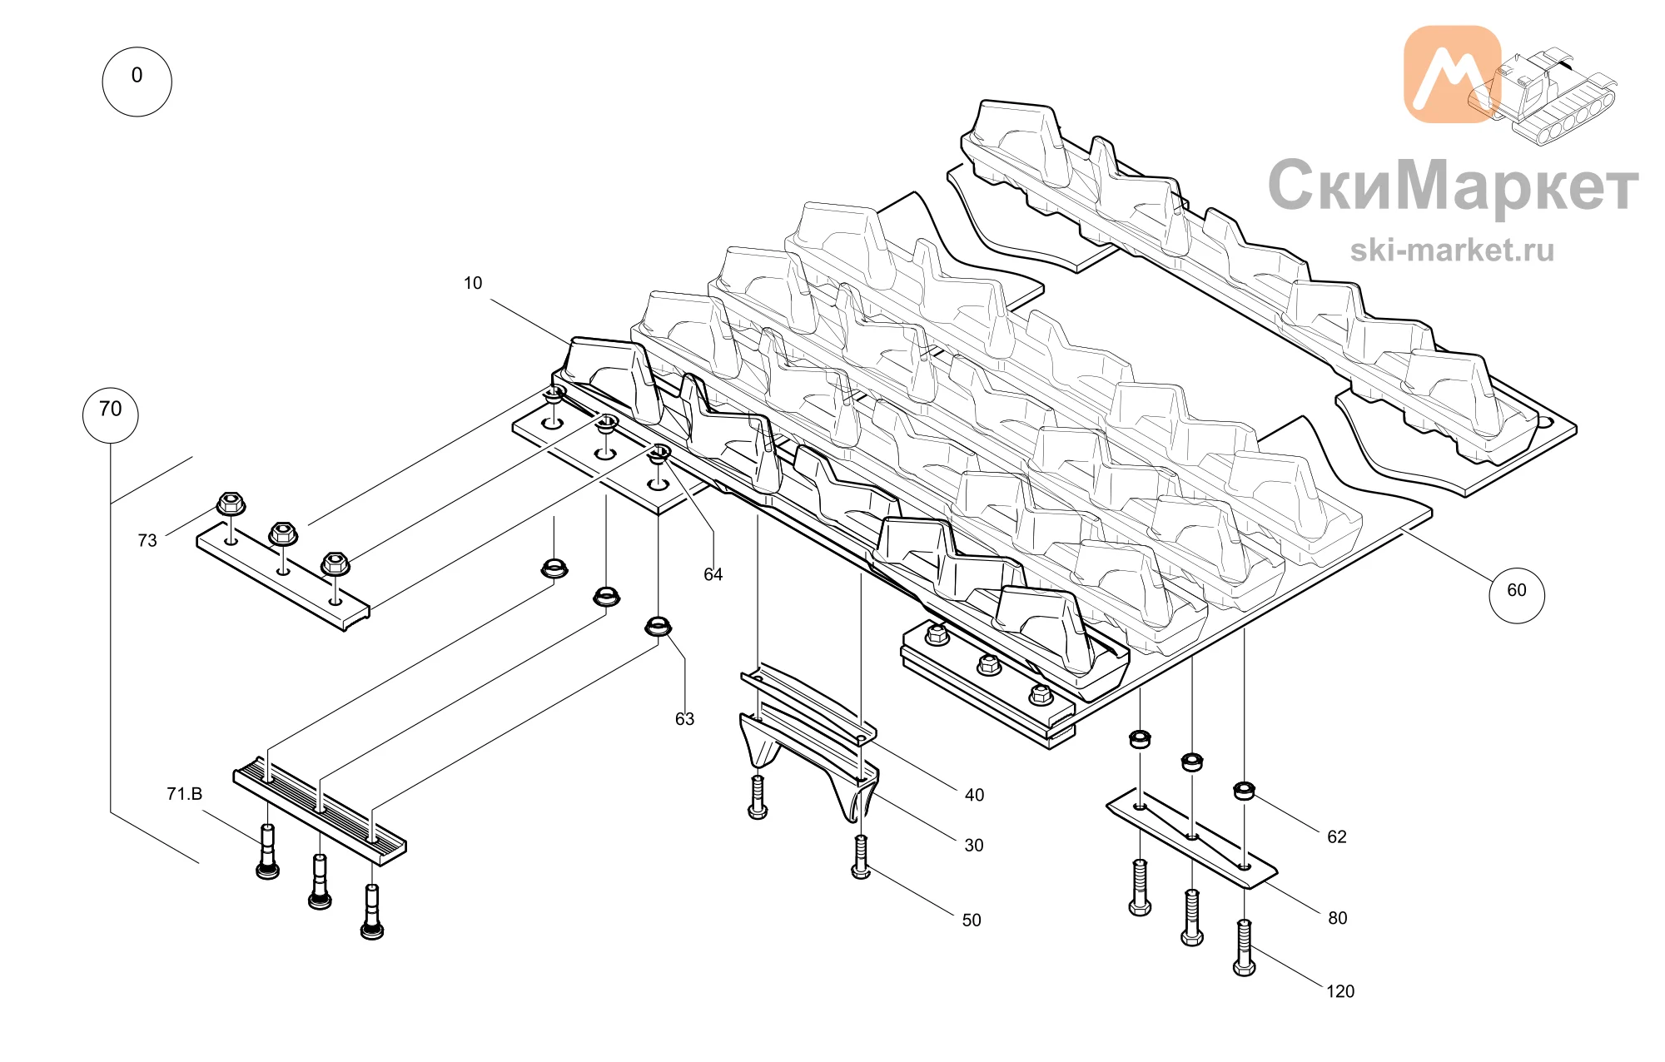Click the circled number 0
click(137, 82)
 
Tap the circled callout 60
click(1516, 594)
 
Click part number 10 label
click(473, 283)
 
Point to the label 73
click(147, 541)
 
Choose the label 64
click(713, 574)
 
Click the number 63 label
click(684, 719)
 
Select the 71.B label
click(185, 794)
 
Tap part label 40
click(974, 796)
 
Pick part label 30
click(974, 846)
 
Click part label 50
click(972, 921)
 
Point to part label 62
click(1337, 837)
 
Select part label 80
click(1338, 918)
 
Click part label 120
click(1340, 991)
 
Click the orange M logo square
click(1452, 74)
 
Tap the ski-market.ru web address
click(1452, 250)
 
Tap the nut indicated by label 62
click(1244, 790)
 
